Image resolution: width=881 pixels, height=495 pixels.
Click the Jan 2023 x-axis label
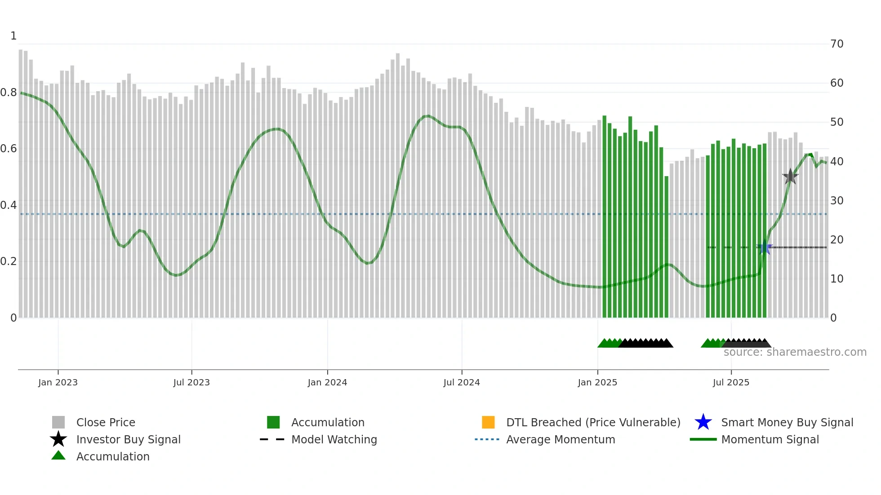58,382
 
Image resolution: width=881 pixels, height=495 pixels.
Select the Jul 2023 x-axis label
191,382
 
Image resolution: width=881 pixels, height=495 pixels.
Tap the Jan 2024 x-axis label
327,382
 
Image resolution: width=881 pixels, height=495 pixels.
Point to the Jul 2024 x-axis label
462,382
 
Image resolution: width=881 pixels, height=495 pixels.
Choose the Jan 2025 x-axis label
597,382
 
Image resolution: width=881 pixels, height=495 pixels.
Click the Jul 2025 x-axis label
731,382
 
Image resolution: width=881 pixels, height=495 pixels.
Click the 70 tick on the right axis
837,44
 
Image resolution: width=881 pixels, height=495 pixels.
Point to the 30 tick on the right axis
837,200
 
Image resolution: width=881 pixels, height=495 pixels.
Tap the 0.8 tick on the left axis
9,93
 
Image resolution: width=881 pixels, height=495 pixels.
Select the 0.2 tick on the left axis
9,261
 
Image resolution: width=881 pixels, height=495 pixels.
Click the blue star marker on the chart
765,247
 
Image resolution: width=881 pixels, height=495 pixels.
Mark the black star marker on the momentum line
790,177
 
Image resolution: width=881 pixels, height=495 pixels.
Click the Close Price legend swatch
58,422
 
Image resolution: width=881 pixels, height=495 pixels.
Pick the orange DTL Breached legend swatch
488,422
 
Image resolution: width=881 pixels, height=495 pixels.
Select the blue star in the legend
703,422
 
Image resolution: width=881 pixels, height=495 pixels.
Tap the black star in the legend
58,439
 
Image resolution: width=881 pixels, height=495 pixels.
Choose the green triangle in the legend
58,456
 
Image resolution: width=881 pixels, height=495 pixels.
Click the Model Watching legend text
334,439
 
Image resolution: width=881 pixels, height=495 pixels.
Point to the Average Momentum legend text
561,439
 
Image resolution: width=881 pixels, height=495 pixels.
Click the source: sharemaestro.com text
795,352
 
